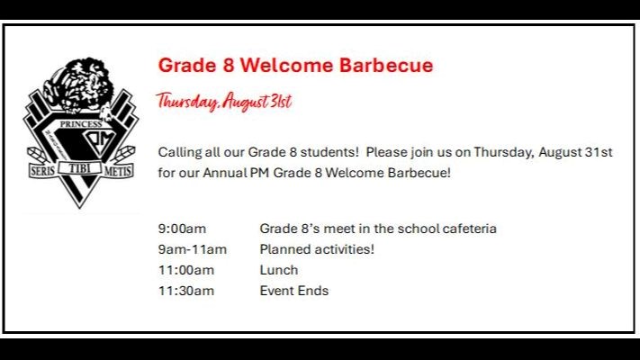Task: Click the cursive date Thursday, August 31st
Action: (224, 101)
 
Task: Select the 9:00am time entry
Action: (182, 229)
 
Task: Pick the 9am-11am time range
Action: (193, 249)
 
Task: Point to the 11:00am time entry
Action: (186, 270)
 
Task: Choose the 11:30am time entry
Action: (186, 291)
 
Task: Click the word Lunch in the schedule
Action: (279, 270)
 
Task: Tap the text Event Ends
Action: (294, 291)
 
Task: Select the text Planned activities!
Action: (317, 249)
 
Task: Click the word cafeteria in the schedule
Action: (469, 229)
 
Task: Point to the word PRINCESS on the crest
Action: (81, 124)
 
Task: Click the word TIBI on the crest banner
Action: (79, 167)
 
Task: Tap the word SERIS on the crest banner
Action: (43, 171)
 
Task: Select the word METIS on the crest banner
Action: (118, 171)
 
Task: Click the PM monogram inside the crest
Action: (101, 142)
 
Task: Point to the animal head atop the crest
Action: (77, 85)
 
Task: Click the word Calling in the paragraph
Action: (180, 153)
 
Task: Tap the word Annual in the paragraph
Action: (224, 173)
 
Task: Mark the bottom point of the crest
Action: (80, 208)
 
